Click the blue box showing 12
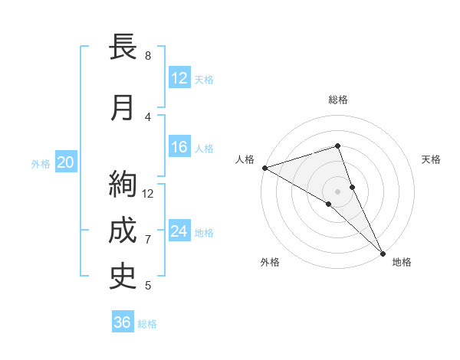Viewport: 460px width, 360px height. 179,77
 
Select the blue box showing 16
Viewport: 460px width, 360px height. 179,147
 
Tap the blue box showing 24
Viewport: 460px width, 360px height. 179,231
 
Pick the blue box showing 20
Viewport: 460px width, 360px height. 66,162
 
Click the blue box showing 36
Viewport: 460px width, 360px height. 123,322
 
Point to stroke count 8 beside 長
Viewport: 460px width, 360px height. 148,55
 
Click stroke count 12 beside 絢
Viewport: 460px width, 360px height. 148,193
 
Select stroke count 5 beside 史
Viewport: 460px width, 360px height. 148,286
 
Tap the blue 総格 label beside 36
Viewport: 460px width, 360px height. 147,324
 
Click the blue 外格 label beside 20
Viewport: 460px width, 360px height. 40,164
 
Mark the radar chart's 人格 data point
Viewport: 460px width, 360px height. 264,167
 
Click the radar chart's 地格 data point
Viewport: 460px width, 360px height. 383,252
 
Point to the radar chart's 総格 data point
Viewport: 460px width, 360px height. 337,146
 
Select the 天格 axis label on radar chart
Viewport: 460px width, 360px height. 432,159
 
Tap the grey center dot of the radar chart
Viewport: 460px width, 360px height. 337,191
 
